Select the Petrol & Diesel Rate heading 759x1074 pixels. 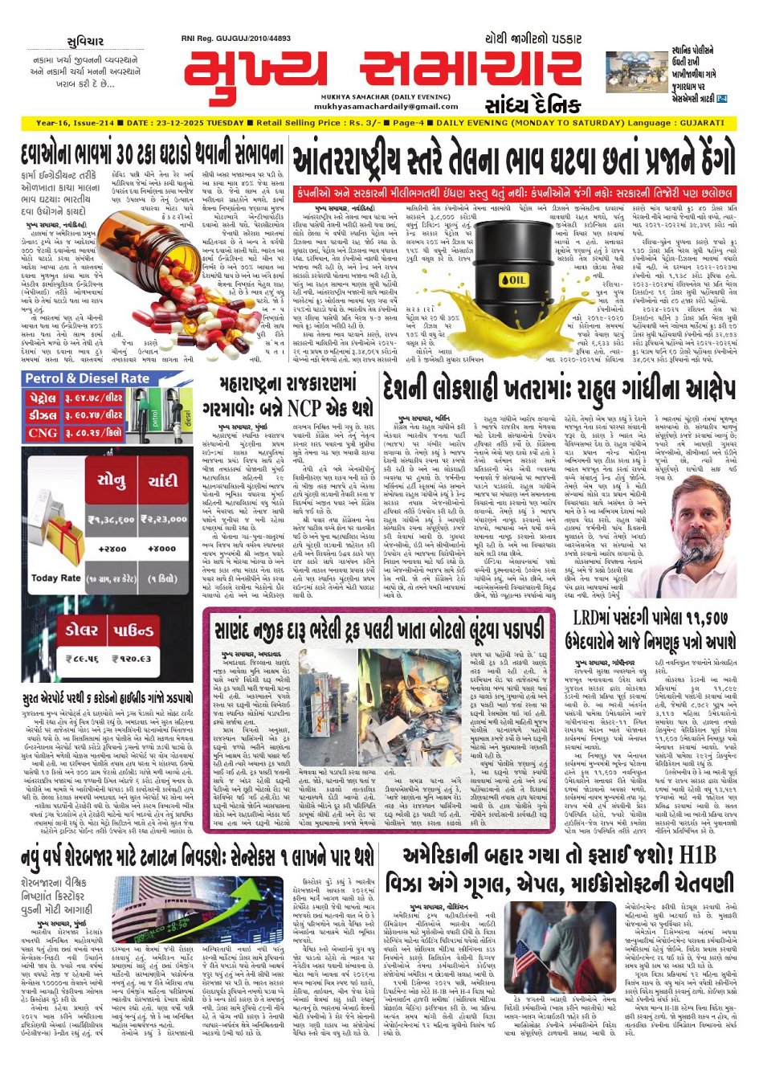click(x=88, y=378)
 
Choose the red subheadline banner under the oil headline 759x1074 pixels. click(x=514, y=194)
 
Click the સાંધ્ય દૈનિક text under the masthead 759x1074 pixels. click(x=532, y=105)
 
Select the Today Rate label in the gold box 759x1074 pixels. click(x=55, y=578)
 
